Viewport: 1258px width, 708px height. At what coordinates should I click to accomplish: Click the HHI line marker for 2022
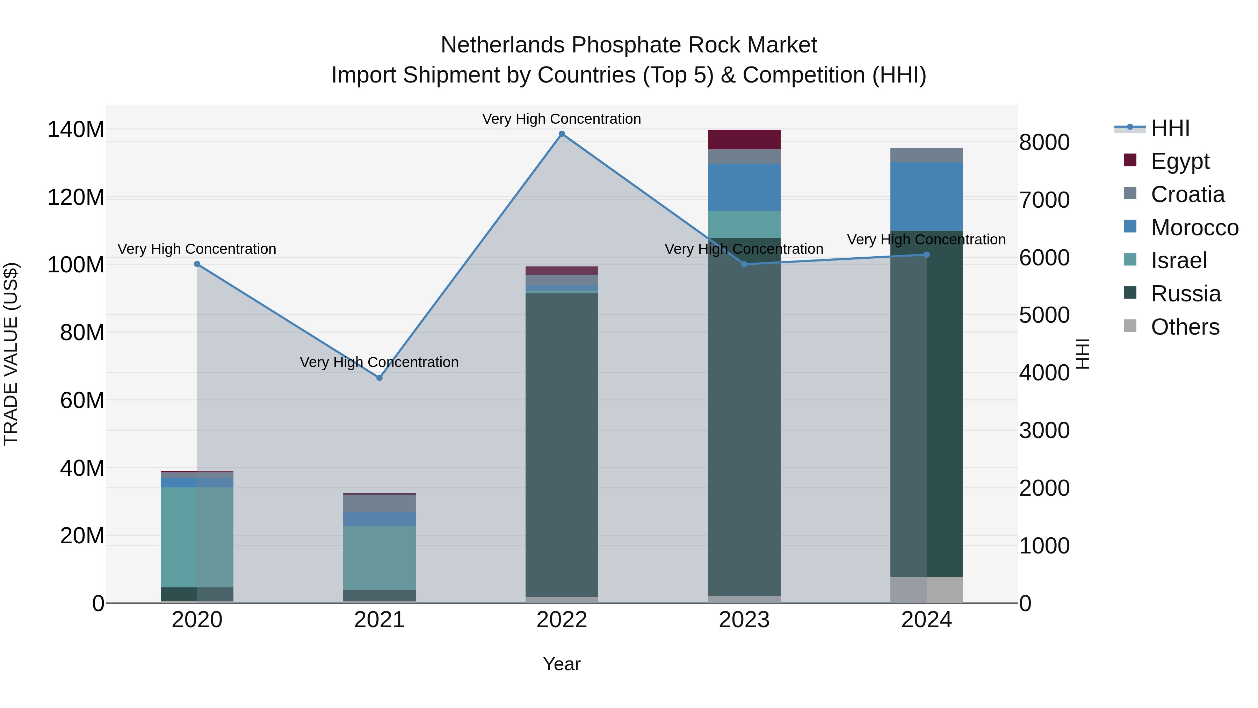pyautogui.click(x=562, y=134)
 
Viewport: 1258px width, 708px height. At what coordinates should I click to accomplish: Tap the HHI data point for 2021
pyautogui.click(x=379, y=378)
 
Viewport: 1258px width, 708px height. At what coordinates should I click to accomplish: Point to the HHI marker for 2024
pyautogui.click(x=927, y=255)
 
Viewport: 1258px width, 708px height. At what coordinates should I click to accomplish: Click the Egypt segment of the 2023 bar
pyautogui.click(x=744, y=140)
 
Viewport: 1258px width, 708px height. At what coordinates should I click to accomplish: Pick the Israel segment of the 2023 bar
pyautogui.click(x=744, y=224)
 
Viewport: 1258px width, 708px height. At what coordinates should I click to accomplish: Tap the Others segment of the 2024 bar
pyautogui.click(x=927, y=590)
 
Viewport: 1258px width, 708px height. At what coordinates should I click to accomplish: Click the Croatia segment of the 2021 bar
pyautogui.click(x=379, y=503)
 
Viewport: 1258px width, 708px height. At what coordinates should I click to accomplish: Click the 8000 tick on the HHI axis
pyautogui.click(x=1044, y=143)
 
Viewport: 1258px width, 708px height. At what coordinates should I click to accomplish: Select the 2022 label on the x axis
pyautogui.click(x=562, y=620)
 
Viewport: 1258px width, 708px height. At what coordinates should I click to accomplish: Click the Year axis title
pyautogui.click(x=562, y=664)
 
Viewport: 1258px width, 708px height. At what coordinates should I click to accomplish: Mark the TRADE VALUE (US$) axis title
pyautogui.click(x=11, y=354)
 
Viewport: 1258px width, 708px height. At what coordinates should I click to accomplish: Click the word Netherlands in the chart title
pyautogui.click(x=503, y=45)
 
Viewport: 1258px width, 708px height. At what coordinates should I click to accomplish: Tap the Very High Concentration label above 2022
pyautogui.click(x=562, y=119)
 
